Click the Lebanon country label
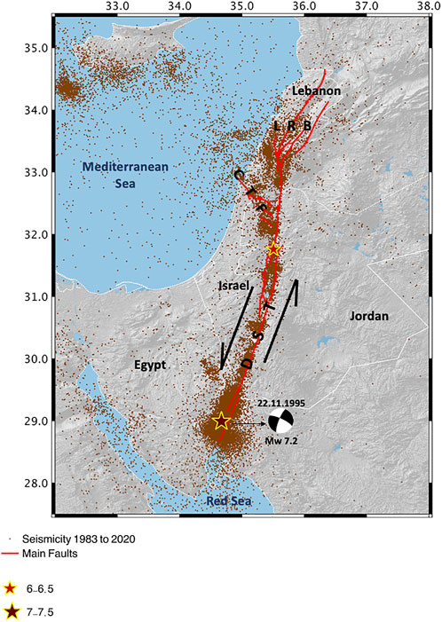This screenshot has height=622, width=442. (x=316, y=91)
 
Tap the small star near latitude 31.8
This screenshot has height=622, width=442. (x=274, y=250)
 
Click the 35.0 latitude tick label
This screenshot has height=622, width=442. (x=36, y=48)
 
